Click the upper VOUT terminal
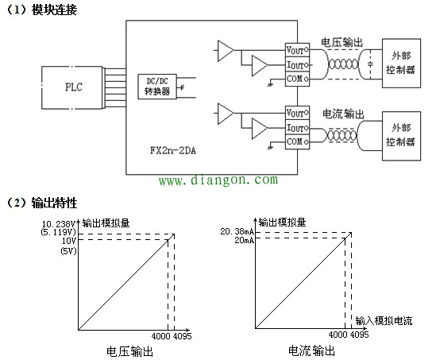click(296, 49)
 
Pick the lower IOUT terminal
click(296, 127)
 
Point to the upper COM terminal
click(296, 79)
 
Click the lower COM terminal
click(296, 141)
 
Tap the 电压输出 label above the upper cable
click(341, 40)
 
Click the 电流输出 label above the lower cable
click(341, 114)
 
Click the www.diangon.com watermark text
click(218, 181)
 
